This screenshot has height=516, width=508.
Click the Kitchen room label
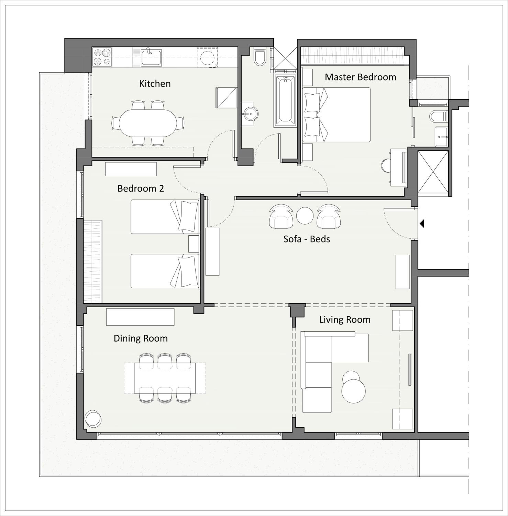[x=155, y=84]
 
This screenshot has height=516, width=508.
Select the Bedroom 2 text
[x=141, y=188]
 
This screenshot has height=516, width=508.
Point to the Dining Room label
[x=141, y=338]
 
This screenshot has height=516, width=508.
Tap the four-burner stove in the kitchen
[x=102, y=57]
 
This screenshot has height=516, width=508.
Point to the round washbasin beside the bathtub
[x=250, y=114]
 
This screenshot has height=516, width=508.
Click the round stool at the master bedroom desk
[x=387, y=166]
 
